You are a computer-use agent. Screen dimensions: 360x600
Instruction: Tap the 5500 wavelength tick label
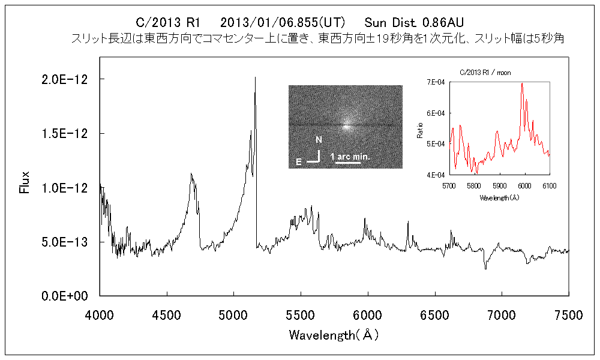(x=301, y=314)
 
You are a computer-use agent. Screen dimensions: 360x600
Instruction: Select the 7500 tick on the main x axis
(x=568, y=314)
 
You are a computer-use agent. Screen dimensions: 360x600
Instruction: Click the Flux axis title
(x=25, y=182)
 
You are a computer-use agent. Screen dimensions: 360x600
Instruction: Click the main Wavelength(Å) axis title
(x=334, y=334)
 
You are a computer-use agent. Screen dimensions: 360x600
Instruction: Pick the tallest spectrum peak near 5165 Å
(x=256, y=77)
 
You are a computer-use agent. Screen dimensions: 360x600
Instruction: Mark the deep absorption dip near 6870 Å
(x=485, y=268)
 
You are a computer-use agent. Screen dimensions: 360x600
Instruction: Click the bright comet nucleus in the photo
(x=346, y=127)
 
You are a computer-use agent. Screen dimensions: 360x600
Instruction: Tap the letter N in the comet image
(x=319, y=140)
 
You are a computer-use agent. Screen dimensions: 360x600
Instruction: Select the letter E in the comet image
(x=298, y=161)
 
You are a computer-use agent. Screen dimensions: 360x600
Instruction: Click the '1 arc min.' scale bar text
(x=351, y=157)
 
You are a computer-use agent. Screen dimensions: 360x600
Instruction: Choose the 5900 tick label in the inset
(x=499, y=186)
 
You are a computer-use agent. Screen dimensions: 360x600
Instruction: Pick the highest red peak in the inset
(x=522, y=83)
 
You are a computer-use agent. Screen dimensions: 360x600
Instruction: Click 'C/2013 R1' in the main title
(x=168, y=23)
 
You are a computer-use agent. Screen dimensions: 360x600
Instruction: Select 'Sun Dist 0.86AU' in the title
(x=414, y=23)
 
